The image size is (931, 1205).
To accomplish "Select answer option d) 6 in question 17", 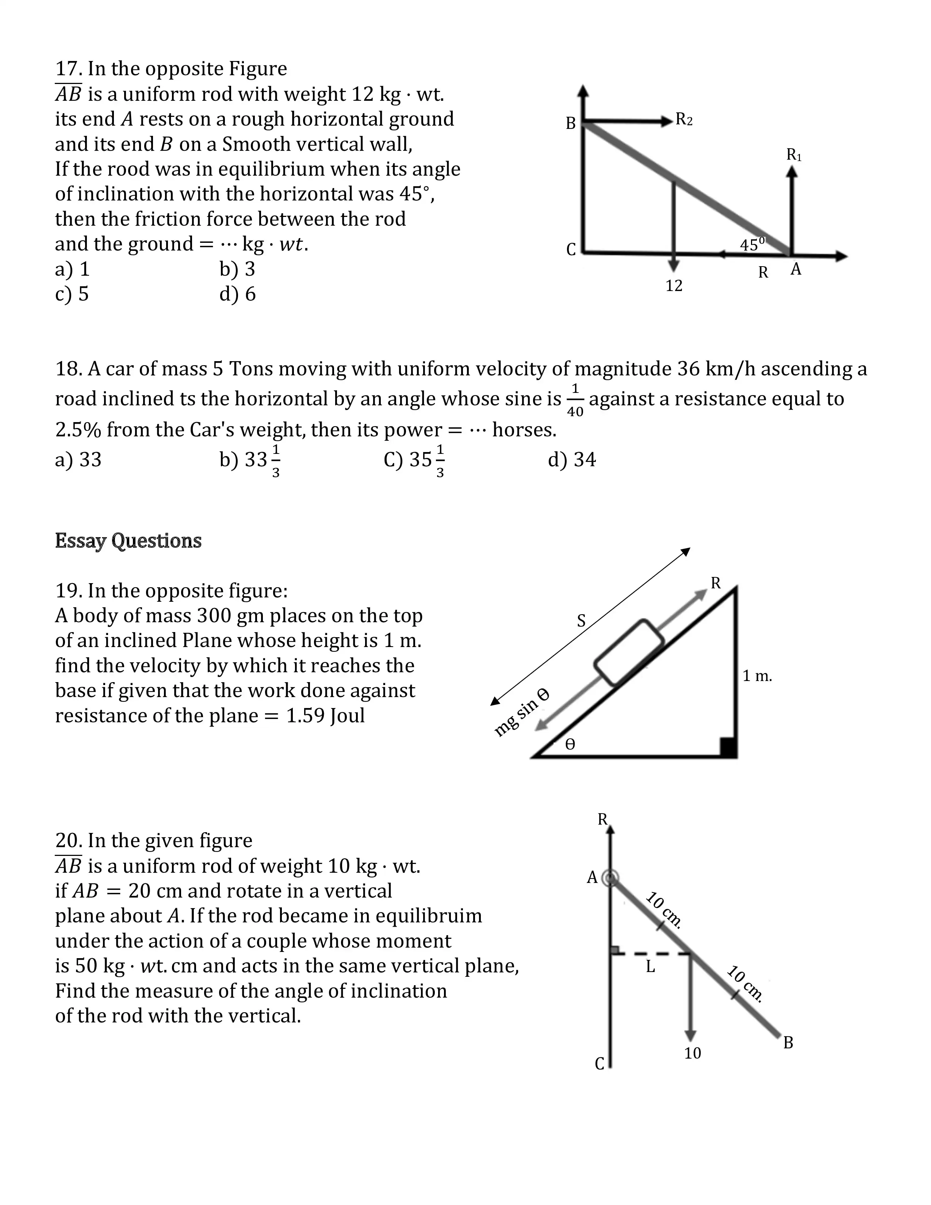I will [x=238, y=294].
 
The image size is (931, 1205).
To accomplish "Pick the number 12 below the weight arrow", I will [x=674, y=286].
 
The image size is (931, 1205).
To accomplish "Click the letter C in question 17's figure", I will [x=571, y=250].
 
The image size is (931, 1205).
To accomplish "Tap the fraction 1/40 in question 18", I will [x=575, y=400].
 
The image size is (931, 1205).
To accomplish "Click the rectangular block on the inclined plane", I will [x=629, y=653].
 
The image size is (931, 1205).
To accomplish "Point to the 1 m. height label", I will [x=757, y=676].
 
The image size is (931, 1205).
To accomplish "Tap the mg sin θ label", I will [x=521, y=712].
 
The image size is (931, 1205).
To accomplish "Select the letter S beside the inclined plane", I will [x=581, y=621].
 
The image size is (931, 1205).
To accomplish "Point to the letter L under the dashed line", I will [x=650, y=967].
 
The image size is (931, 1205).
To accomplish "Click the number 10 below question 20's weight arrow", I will [x=692, y=1053].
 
